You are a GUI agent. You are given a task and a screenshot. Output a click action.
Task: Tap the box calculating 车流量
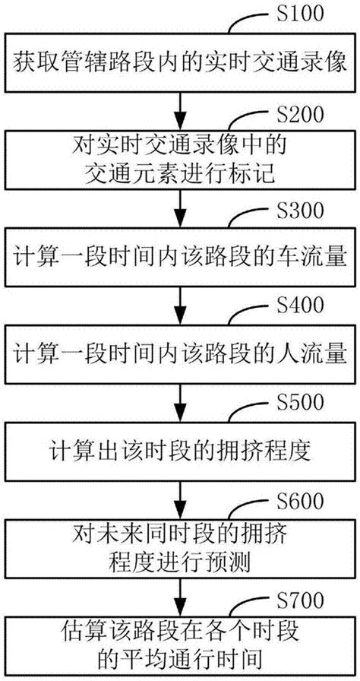[x=179, y=258]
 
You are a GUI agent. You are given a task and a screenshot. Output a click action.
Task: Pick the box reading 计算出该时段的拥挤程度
[x=179, y=452]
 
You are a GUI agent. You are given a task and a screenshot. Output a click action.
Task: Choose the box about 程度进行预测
[x=179, y=550]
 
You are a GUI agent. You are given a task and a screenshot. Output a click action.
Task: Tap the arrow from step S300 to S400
[x=179, y=306]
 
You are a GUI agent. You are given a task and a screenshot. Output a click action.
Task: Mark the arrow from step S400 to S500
[x=179, y=403]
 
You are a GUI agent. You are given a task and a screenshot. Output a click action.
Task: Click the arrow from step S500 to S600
[x=179, y=500]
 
